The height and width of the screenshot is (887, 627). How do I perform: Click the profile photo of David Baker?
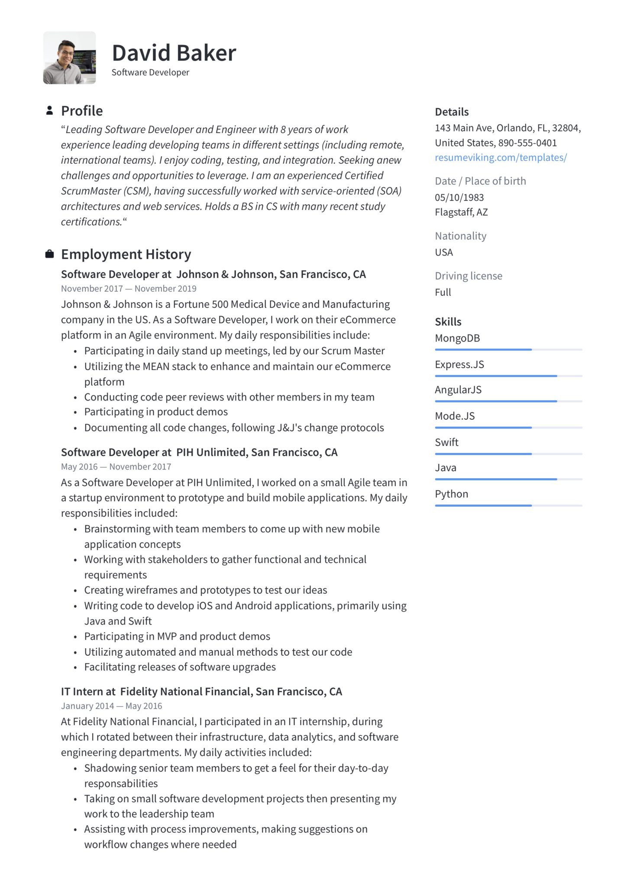coord(69,58)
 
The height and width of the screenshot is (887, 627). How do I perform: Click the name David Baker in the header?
coord(174,53)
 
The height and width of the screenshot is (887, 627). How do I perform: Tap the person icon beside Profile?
coord(49,110)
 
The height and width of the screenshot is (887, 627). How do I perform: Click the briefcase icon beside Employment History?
coord(49,254)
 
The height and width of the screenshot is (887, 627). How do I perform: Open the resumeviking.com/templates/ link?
coord(501,157)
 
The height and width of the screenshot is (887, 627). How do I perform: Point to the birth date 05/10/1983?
coord(459,197)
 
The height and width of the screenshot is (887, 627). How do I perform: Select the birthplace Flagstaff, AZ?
coord(461,212)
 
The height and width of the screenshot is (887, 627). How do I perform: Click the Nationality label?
coord(460,236)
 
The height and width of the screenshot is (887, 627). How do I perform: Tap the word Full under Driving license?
coord(443,292)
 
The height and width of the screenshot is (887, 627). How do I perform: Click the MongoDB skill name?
coord(457,338)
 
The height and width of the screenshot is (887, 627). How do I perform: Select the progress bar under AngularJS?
coord(508,401)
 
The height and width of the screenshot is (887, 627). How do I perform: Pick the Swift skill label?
coord(446,442)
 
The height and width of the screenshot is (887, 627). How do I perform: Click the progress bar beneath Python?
coord(508,505)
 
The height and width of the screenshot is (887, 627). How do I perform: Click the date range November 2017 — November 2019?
coord(129,288)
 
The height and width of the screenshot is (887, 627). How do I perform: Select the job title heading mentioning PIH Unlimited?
coord(199,452)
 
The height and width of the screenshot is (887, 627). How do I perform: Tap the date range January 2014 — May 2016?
coord(111,706)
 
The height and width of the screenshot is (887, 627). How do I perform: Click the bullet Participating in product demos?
coord(156,412)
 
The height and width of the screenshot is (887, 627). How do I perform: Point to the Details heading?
coord(452,112)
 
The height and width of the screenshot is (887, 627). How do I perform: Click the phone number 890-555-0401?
coord(527,143)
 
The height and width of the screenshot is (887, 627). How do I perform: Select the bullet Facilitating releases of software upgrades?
coord(180,667)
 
